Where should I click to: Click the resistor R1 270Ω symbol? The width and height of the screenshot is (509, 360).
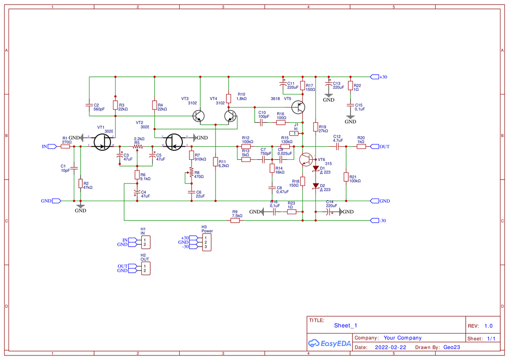(x=66, y=146)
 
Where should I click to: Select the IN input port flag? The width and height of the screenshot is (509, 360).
(x=51, y=146)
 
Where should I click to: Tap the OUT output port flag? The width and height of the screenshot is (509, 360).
(x=374, y=146)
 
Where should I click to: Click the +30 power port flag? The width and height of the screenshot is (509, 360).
(x=374, y=76)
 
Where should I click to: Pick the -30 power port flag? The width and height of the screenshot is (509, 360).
(x=374, y=220)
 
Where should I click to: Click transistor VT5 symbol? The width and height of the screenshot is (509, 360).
(x=298, y=108)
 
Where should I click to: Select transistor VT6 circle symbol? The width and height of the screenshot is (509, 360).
(x=306, y=159)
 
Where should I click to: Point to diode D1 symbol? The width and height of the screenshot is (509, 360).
(x=316, y=169)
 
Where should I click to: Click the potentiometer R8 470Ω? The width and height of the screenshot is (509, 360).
(x=191, y=173)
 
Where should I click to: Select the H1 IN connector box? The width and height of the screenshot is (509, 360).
(x=145, y=242)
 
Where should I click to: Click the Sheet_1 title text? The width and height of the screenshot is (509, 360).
(x=346, y=325)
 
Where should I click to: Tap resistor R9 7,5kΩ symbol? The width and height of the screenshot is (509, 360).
(x=236, y=220)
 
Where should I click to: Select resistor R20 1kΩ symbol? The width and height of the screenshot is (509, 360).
(x=361, y=146)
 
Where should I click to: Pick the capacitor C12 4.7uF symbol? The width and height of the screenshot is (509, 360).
(x=337, y=146)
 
